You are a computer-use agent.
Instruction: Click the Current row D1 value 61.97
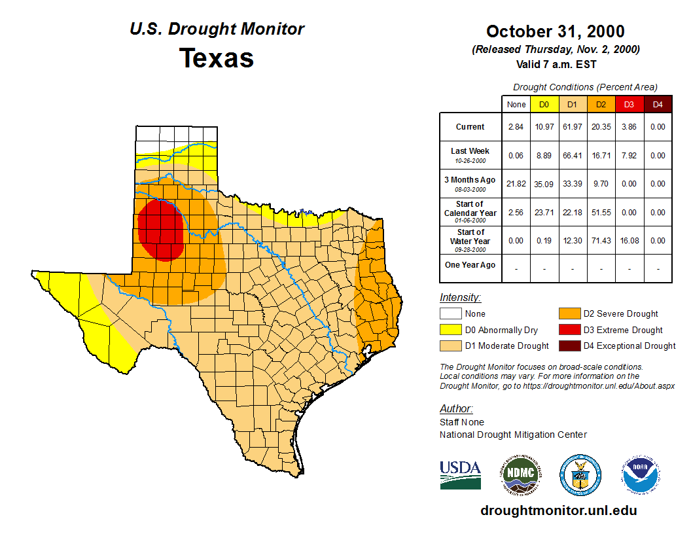572,127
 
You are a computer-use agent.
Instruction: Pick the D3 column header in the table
629,104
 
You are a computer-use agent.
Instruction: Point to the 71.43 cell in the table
601,241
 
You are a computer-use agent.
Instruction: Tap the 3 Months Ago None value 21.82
516,184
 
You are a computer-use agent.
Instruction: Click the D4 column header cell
658,104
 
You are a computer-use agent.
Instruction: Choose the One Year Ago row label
470,265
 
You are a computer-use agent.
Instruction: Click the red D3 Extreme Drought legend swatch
569,330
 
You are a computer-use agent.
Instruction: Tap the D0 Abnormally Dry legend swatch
450,330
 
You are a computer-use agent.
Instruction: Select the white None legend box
450,314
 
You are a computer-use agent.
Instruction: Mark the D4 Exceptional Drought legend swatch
569,346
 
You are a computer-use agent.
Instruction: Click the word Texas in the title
217,58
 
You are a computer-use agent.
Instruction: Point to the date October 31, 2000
556,31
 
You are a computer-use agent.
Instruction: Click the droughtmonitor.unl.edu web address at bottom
558,510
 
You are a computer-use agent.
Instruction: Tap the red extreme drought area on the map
160,229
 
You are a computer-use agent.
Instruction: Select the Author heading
455,409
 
